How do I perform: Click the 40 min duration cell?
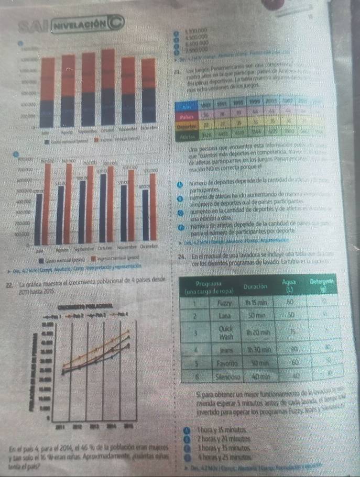tap(258, 375)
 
